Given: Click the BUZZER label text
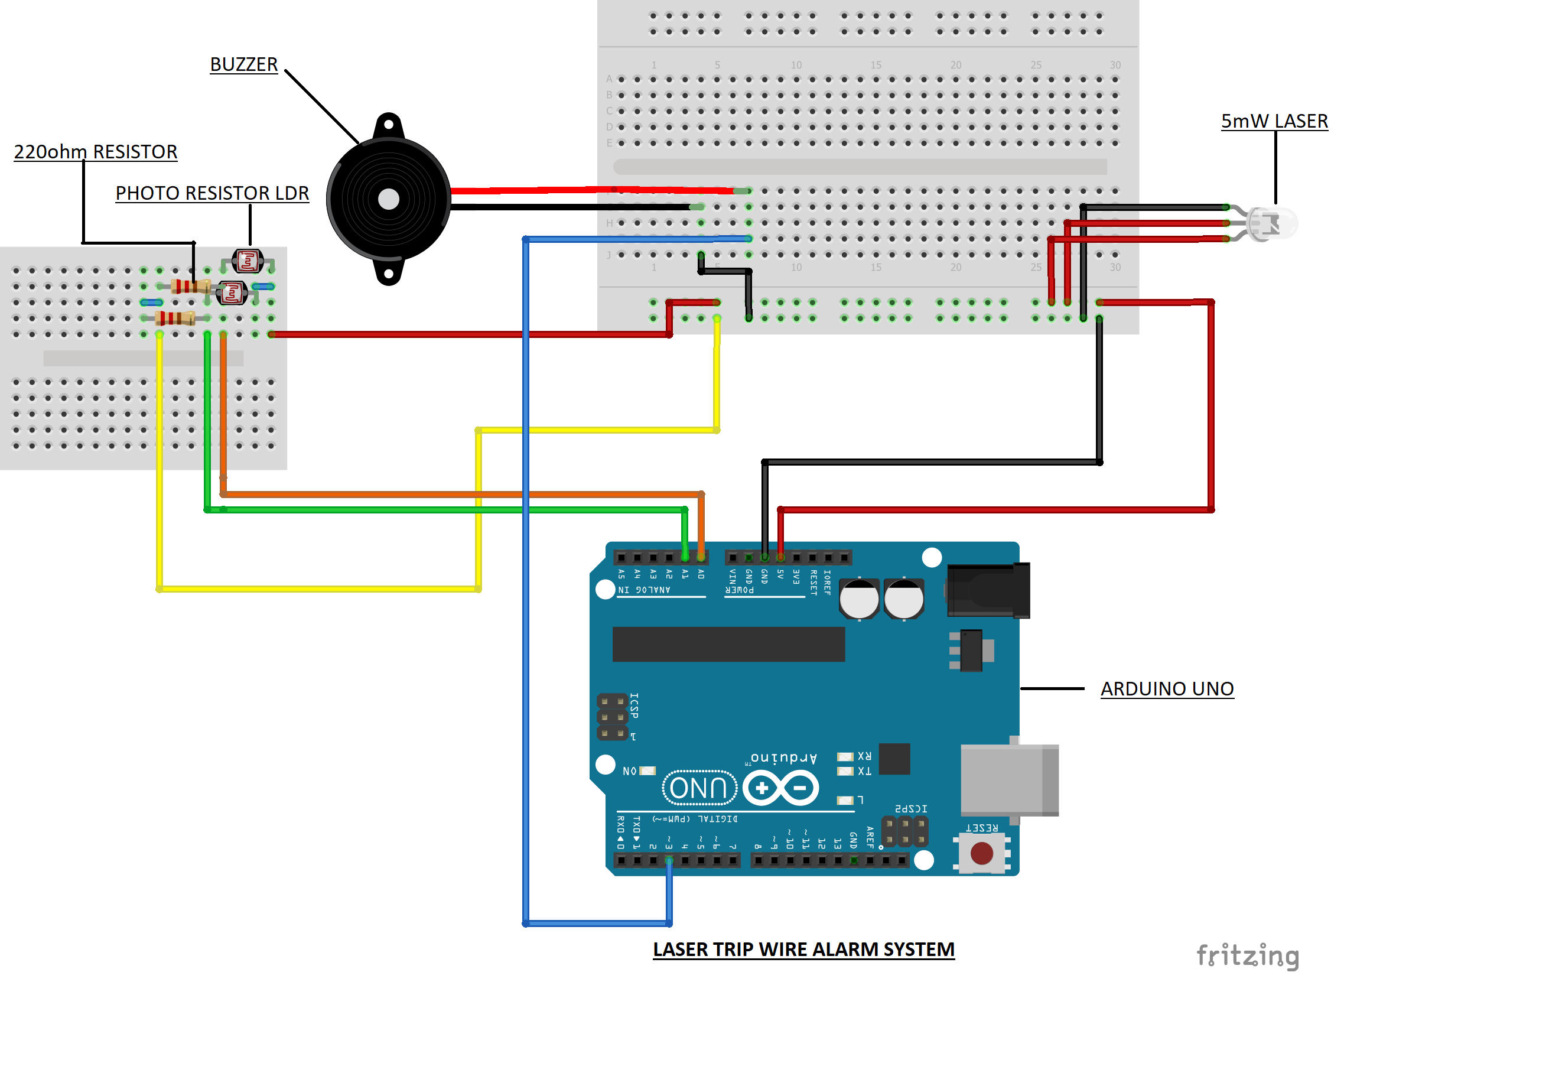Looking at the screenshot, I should click(243, 64).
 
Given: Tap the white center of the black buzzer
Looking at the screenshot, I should click(389, 199).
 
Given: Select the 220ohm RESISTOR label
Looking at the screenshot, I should click(96, 152).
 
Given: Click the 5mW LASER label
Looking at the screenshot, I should click(1274, 121).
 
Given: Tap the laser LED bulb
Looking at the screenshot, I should click(1272, 224).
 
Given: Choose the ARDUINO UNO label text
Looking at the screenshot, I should click(1166, 688).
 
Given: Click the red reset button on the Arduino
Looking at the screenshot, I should click(981, 853).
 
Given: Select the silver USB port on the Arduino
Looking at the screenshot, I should click(1008, 780).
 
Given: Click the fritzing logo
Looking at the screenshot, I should click(1248, 955).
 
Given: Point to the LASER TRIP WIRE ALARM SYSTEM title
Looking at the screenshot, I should click(803, 950).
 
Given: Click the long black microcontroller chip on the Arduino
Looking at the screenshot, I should click(728, 644).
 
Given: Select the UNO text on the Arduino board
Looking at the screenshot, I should click(699, 788).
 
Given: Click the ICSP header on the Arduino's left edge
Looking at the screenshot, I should click(611, 717).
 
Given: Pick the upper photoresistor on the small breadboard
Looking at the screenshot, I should click(248, 261).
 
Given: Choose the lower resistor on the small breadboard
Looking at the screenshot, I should click(175, 318).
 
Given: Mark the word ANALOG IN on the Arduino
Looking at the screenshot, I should click(644, 590).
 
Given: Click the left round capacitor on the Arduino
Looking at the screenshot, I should click(858, 599).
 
